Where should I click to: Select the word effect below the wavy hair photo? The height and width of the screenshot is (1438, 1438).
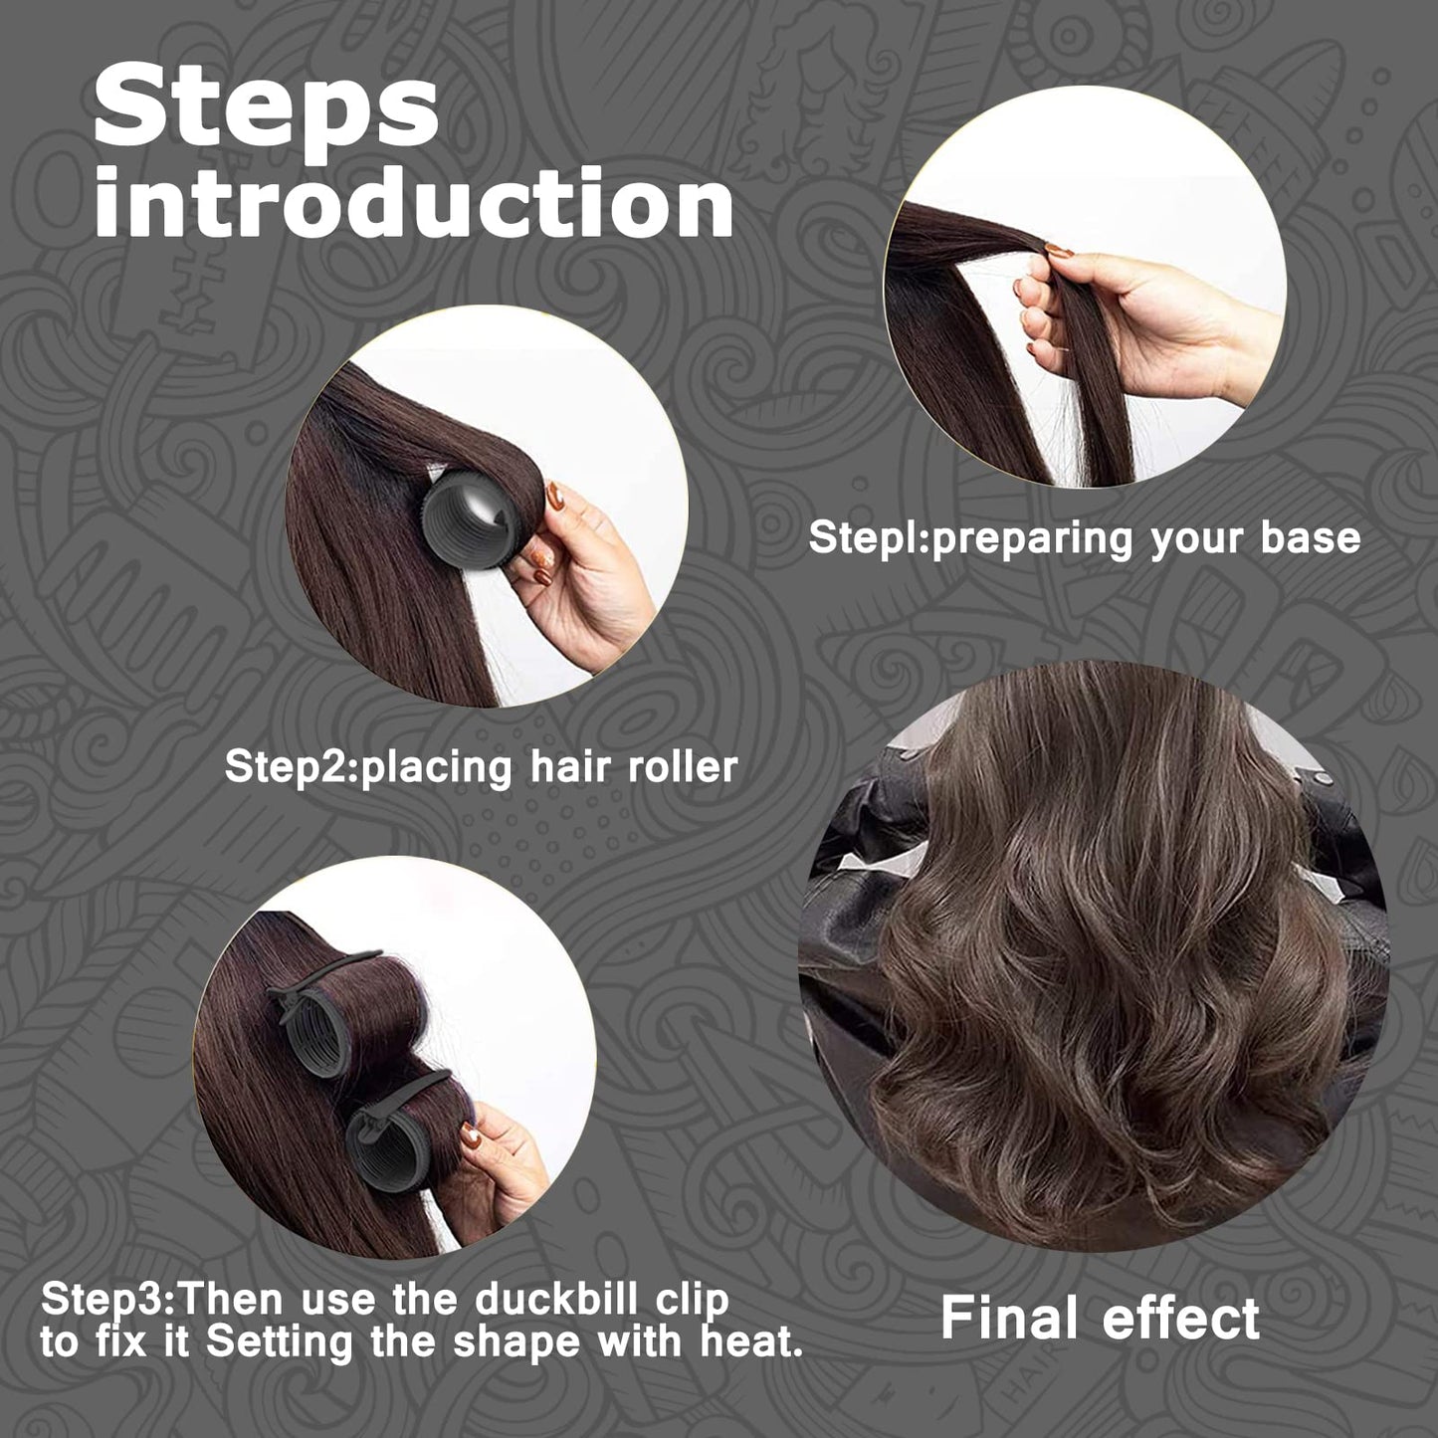(1180, 1318)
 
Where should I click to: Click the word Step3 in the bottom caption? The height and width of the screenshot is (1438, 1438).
(107, 1300)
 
